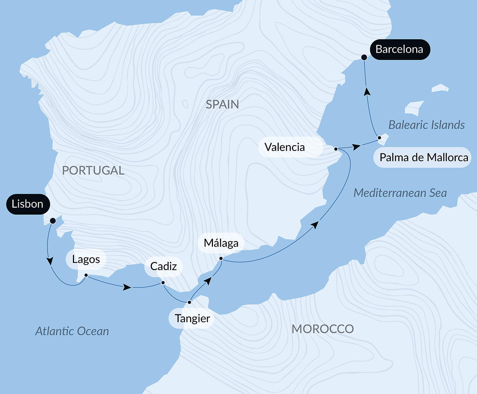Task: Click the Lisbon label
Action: tap(28, 204)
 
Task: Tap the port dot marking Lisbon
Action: tap(53, 221)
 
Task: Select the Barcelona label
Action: tap(399, 49)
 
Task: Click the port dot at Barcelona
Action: tap(364, 57)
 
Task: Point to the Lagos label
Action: tap(86, 259)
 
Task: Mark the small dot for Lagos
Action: tap(86, 275)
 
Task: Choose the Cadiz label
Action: tap(164, 266)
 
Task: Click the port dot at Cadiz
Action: tap(163, 283)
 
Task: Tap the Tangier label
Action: tap(192, 318)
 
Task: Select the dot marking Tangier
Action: tap(189, 302)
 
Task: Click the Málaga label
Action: tap(221, 243)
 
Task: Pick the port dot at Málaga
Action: tap(221, 259)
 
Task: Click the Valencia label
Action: tap(284, 147)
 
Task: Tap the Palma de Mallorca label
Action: tap(424, 157)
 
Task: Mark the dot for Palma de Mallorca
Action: tap(379, 138)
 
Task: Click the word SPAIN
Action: tap(222, 105)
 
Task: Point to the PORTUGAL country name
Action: tap(93, 170)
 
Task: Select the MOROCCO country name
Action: tap(323, 329)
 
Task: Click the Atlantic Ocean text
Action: tap(72, 331)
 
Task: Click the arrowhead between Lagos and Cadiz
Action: tap(127, 287)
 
